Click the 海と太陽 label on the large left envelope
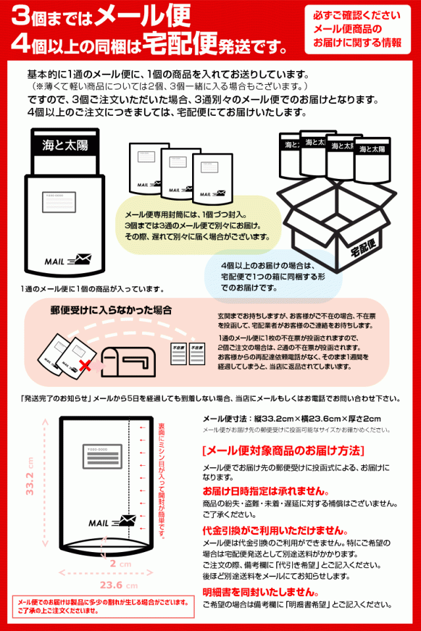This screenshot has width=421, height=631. tap(64, 144)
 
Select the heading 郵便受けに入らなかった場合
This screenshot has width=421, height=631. tap(111, 309)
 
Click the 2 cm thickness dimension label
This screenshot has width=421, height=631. tap(116, 564)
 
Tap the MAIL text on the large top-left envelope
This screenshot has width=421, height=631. tap(55, 261)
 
